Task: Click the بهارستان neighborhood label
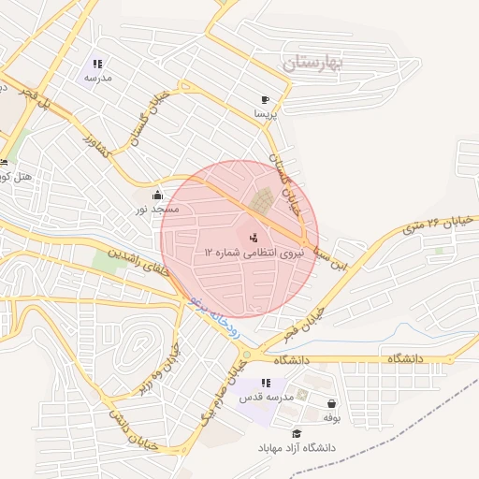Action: pos(313,64)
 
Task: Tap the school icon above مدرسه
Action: pos(98,65)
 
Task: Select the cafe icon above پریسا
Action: pos(266,99)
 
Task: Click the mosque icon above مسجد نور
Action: pos(157,195)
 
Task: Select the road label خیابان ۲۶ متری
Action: pos(432,222)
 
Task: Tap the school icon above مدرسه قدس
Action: pos(267,383)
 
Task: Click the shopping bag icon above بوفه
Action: pos(331,404)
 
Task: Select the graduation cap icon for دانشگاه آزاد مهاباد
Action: pos(297,433)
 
